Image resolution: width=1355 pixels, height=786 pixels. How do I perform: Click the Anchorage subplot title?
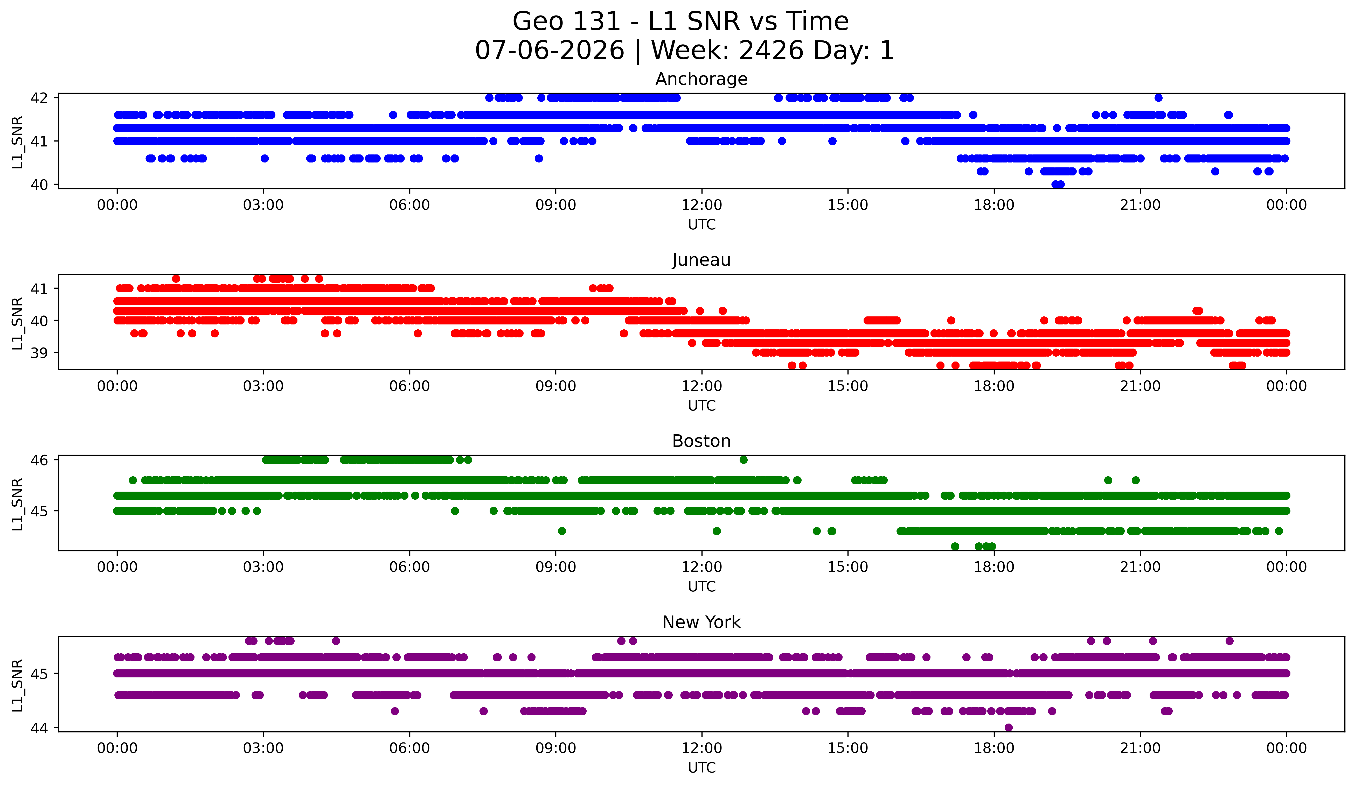pos(701,79)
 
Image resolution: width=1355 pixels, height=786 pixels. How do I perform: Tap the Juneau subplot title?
pos(701,260)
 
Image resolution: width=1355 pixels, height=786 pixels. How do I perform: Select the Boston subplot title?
pos(701,441)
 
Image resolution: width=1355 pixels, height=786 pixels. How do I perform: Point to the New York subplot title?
pos(701,622)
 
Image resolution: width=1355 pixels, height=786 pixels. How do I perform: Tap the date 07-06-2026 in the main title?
pos(550,51)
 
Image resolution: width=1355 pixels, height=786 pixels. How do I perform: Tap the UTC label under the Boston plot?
pos(702,587)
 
